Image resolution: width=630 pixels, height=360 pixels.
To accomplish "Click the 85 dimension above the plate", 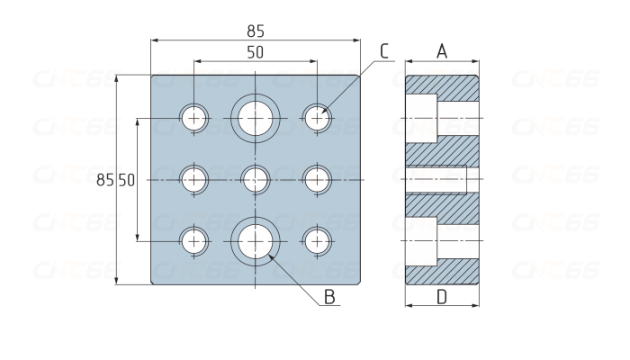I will [256, 31].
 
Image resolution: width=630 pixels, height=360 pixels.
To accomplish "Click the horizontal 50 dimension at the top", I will [256, 52].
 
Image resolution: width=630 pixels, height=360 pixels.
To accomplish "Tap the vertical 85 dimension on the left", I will [105, 180].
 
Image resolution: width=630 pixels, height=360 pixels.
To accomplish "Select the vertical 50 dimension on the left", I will [126, 180].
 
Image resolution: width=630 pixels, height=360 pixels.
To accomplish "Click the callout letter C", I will [384, 51].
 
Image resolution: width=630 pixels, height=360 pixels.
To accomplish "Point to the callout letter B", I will [329, 296].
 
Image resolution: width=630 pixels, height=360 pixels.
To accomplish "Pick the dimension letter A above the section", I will [442, 52].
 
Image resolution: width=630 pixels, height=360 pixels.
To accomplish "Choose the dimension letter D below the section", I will [442, 297].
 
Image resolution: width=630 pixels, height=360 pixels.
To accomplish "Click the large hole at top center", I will [256, 118].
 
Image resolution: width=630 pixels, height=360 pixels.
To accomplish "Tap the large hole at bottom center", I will [256, 241].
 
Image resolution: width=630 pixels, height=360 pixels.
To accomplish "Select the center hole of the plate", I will [256, 179].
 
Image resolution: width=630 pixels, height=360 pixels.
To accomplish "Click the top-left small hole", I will [193, 118].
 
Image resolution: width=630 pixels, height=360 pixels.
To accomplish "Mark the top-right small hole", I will [317, 118].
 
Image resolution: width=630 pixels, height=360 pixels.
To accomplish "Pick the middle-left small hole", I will [193, 179].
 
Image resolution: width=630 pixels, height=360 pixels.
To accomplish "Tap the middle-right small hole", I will [317, 179].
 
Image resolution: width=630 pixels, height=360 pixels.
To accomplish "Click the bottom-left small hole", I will [193, 241].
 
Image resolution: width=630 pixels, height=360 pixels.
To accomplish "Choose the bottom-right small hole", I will [317, 241].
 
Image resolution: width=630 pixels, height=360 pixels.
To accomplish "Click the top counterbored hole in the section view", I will [441, 118].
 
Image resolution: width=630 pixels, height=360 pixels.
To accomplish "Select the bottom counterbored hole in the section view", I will [441, 242].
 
